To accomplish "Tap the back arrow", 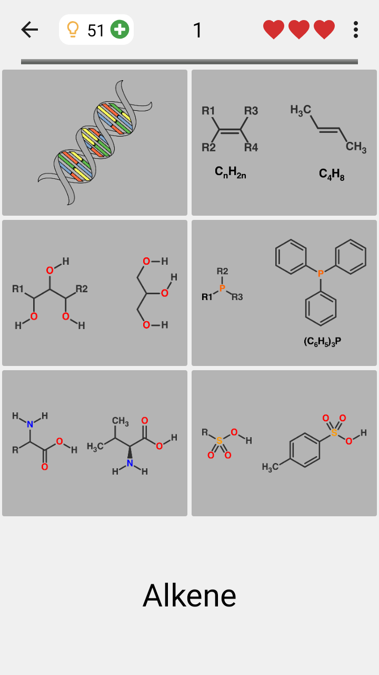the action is [x=29, y=30].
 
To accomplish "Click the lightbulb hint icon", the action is [x=73, y=30].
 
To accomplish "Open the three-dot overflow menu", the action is [x=356, y=30].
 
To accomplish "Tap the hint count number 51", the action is [x=96, y=31].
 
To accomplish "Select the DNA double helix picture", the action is [x=95, y=142].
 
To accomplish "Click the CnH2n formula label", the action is [x=231, y=172].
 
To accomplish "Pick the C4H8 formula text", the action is [x=332, y=174].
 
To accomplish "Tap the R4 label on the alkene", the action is [x=251, y=147].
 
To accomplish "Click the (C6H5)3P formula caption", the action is [x=322, y=341].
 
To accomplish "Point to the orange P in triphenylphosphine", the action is [x=321, y=273].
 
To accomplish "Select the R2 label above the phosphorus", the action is [x=222, y=271].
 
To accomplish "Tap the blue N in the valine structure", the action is [x=130, y=463].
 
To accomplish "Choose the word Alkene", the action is [x=189, y=595].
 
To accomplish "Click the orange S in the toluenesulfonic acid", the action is [x=334, y=433].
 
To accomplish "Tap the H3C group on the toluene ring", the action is [x=271, y=467].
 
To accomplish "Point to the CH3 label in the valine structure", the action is [x=121, y=421].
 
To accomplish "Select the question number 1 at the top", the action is [x=197, y=30].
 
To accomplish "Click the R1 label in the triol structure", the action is [x=18, y=288].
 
